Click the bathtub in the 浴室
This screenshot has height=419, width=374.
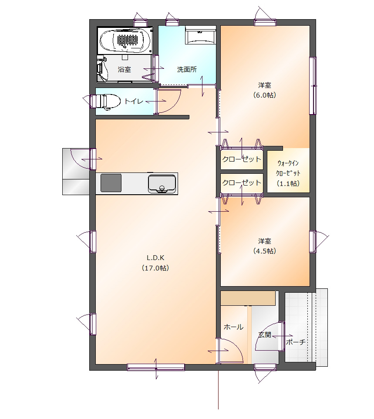[x=125, y=41]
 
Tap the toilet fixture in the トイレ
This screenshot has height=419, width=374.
[x=105, y=101]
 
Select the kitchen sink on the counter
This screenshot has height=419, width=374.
[x=162, y=184]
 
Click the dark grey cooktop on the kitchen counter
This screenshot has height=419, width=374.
[x=111, y=183]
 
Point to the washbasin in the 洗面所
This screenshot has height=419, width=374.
[x=200, y=36]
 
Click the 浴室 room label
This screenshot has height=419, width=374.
[x=125, y=70]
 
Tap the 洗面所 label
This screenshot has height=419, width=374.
[x=187, y=70]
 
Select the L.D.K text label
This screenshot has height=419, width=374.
[x=155, y=258]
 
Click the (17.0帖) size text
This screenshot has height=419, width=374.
[x=155, y=268]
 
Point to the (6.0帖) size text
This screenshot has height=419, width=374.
[x=265, y=95]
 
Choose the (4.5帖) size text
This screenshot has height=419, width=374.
[x=265, y=251]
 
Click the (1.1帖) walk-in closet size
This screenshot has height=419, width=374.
[x=288, y=183]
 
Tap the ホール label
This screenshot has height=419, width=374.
[x=233, y=327]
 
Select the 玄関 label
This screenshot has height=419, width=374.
[x=265, y=335]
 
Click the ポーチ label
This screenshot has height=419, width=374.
[x=296, y=342]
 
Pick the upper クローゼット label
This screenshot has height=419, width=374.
[x=242, y=159]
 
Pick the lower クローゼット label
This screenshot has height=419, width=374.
[x=242, y=183]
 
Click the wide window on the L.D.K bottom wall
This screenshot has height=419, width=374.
[x=156, y=368]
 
